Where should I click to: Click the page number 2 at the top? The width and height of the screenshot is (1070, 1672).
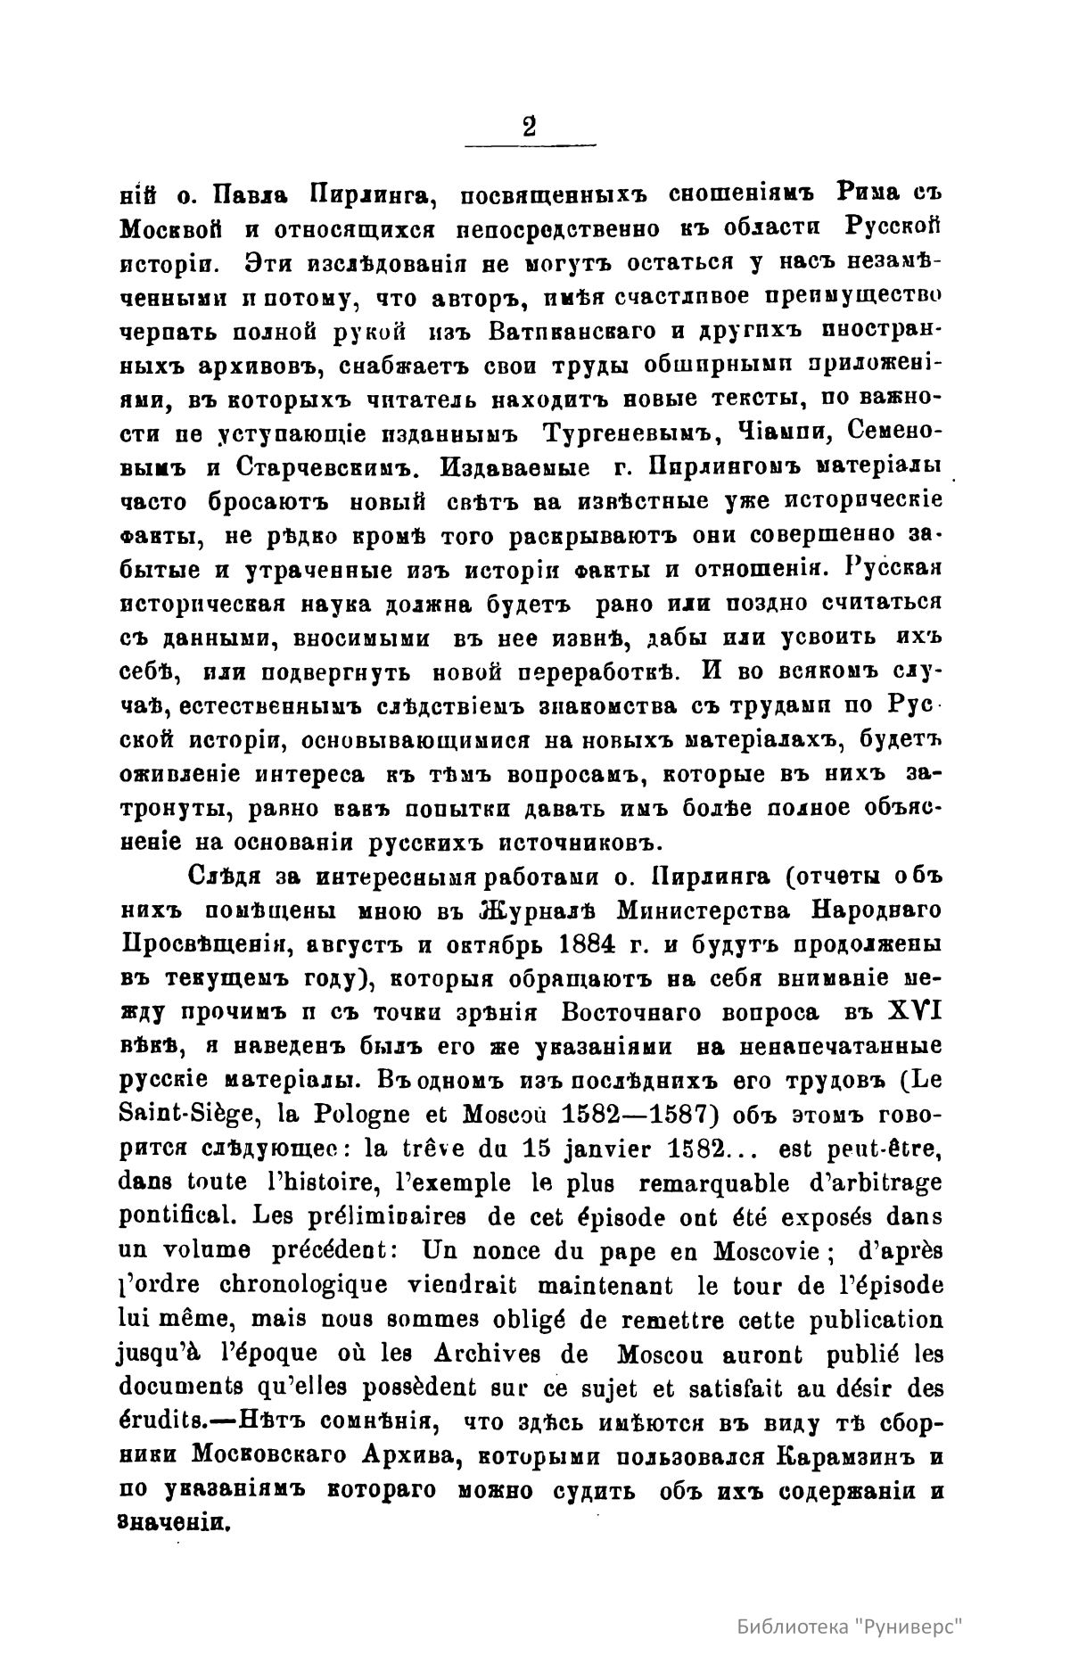tap(530, 127)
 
